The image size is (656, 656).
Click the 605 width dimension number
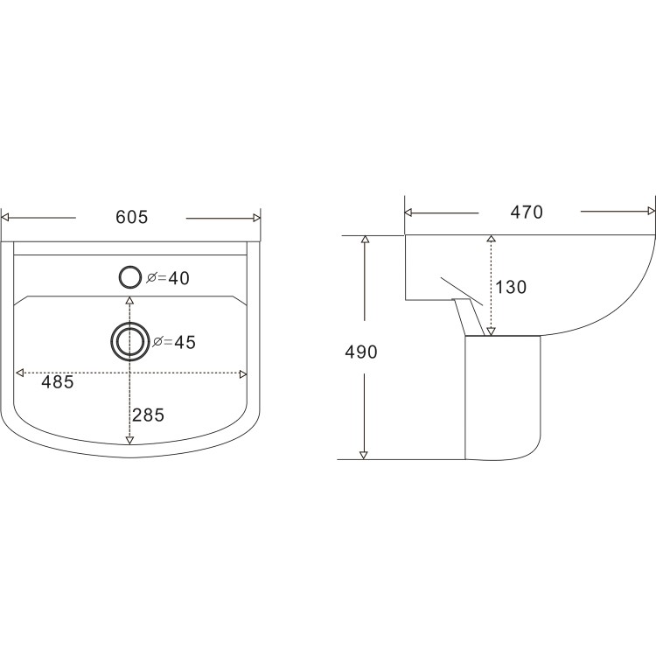(x=131, y=217)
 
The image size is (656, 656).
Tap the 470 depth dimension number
(x=528, y=212)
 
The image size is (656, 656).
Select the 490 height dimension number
(x=360, y=352)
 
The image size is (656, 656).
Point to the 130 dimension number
(x=512, y=287)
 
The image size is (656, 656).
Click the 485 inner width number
(x=57, y=382)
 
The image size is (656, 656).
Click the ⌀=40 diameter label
(x=168, y=278)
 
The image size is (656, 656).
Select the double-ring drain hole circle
(x=130, y=340)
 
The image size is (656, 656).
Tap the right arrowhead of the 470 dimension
(x=650, y=211)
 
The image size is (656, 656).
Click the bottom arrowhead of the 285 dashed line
(x=130, y=439)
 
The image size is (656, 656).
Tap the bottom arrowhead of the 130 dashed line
(x=491, y=330)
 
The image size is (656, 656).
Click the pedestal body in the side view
(x=503, y=398)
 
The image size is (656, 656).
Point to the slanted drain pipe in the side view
(x=464, y=313)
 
